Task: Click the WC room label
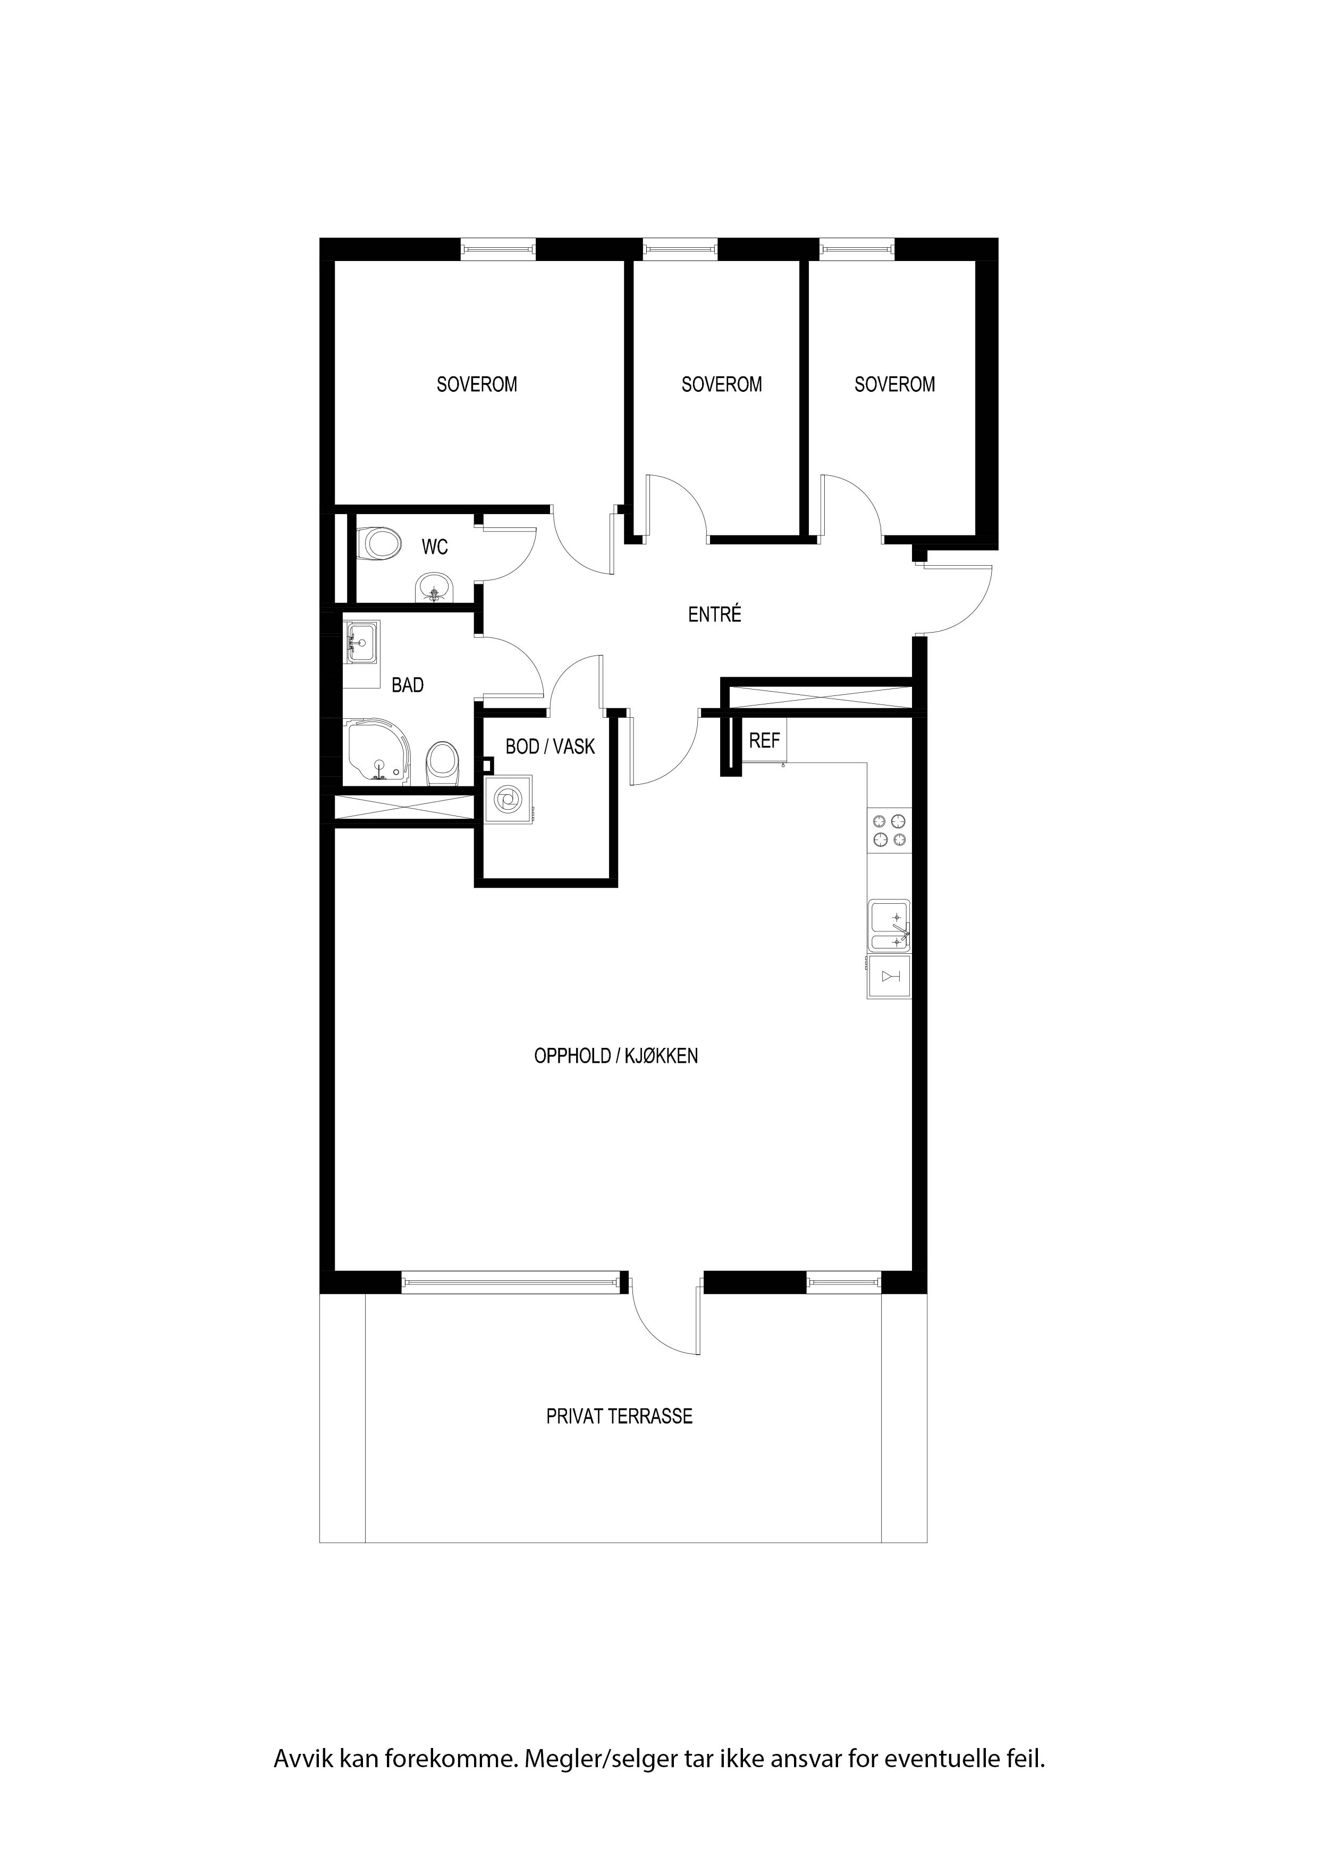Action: pos(434,548)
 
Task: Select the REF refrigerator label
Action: pos(764,741)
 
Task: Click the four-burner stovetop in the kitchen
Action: pos(889,830)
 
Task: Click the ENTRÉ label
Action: pos(715,615)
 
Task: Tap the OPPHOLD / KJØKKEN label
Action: pos(615,1056)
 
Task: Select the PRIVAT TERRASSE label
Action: pos(619,1416)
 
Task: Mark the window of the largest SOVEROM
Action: pos(499,249)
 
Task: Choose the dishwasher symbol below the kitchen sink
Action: pos(889,977)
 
